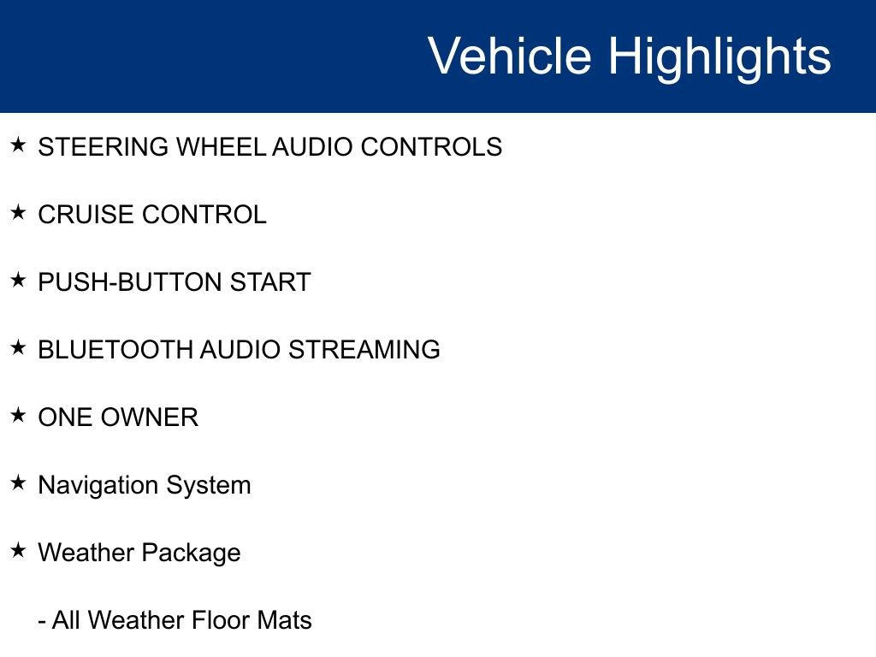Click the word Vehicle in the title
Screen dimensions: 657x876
[509, 56]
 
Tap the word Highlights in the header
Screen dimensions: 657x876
[719, 56]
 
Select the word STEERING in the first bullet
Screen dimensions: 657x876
[104, 147]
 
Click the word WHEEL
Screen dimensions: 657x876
[221, 147]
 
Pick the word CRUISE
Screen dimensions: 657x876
[86, 215]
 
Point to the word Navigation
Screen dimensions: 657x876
[98, 485]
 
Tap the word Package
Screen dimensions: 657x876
[191, 553]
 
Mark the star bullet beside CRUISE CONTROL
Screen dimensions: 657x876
[19, 213]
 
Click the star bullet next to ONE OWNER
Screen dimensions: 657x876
[19, 416]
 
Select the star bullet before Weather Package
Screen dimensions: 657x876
[19, 551]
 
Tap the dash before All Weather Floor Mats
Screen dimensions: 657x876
[42, 621]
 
